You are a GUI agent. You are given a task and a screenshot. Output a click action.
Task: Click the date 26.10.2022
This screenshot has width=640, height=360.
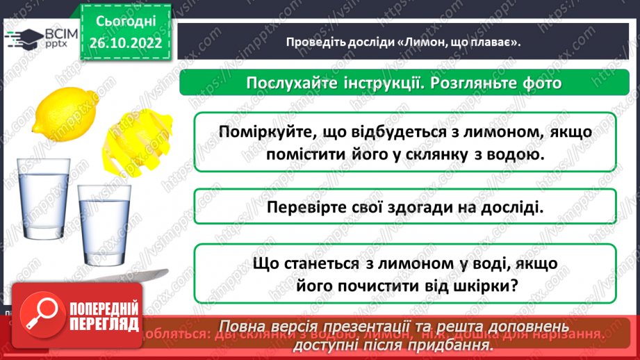(x=125, y=43)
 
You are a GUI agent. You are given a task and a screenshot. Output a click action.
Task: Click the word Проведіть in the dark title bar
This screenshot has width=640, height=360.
(x=313, y=42)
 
